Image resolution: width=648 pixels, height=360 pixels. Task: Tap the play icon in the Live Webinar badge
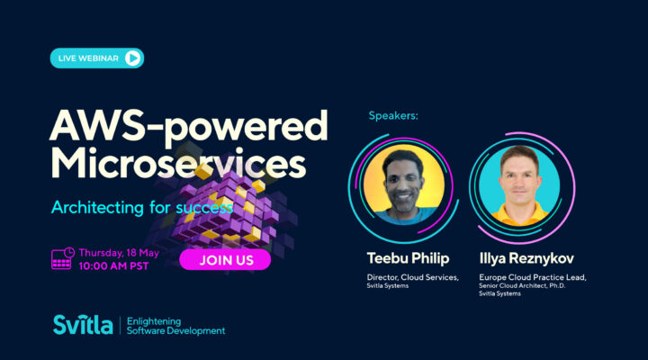tap(132, 58)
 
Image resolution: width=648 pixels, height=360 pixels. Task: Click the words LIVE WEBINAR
tap(89, 58)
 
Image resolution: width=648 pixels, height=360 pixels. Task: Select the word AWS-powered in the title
tap(188, 128)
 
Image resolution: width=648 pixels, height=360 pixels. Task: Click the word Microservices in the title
tap(177, 165)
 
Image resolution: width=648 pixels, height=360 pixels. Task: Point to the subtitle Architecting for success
tap(141, 207)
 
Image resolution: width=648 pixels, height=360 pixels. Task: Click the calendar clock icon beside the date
tap(62, 258)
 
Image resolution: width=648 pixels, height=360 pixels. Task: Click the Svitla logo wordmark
tap(82, 325)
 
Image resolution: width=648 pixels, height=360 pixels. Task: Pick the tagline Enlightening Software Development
tap(175, 325)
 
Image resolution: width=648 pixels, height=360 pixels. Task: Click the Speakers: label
tap(394, 116)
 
